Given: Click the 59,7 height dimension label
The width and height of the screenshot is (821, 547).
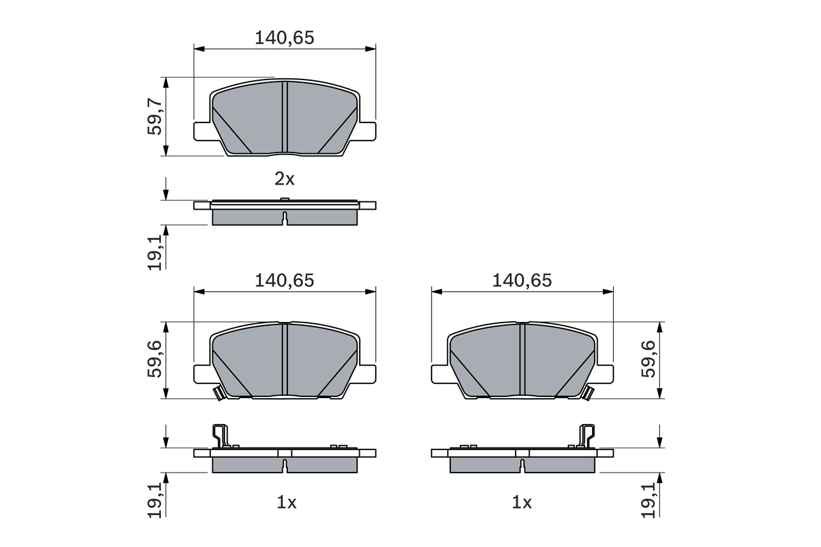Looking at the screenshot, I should [x=155, y=116].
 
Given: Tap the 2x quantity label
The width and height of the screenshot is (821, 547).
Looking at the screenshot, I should [x=284, y=179].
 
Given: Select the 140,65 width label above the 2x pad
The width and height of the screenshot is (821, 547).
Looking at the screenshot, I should [x=284, y=38].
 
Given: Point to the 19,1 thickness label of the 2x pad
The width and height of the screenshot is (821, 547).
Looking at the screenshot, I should [x=155, y=251].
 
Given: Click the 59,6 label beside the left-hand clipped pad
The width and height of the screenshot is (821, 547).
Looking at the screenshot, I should [x=155, y=360].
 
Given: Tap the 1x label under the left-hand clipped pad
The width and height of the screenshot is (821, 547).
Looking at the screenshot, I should [x=286, y=503].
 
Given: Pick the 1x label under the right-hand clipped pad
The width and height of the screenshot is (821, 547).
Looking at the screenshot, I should [x=522, y=503].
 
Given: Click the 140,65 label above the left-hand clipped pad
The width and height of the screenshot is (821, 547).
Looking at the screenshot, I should [x=284, y=281].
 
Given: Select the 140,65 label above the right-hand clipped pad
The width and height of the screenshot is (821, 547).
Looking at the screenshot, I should [x=521, y=281].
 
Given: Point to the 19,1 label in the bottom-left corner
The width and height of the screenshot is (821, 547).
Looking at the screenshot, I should [x=155, y=500].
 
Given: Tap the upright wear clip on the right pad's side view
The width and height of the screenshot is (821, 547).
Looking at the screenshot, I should [x=586, y=435].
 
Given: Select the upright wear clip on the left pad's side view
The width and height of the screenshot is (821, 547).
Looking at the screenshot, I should [x=220, y=435].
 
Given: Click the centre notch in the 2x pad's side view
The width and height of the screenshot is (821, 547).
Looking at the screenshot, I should [x=285, y=217].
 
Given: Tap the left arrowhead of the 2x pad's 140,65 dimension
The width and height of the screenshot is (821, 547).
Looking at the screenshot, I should [x=198, y=48].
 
